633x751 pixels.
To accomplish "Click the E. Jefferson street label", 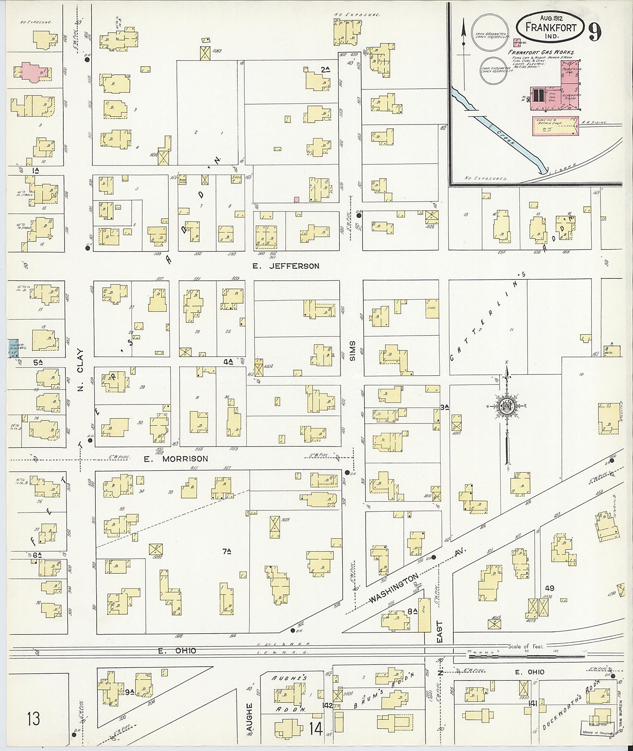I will [x=286, y=266].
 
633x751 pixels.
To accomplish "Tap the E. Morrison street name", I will [x=176, y=459].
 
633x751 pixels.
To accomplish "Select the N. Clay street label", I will [x=81, y=370].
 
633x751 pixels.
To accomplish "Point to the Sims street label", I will [x=353, y=351].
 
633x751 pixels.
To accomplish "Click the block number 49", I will [x=549, y=588].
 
